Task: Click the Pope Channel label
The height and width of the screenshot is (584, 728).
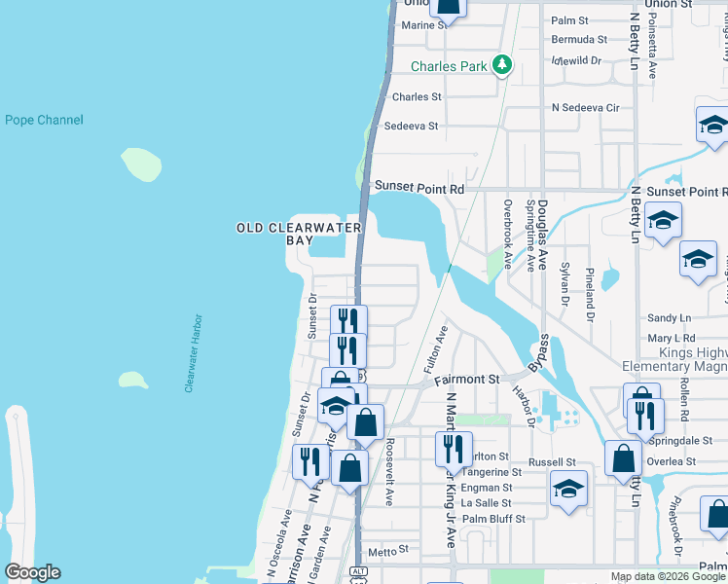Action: point(44,121)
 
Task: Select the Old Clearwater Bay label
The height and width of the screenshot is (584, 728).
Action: point(299,234)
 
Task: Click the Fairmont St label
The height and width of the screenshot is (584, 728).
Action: point(465,379)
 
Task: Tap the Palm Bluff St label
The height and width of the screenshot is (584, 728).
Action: point(493,519)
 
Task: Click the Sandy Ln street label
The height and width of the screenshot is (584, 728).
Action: point(669,318)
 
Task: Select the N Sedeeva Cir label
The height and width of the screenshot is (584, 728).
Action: point(585,107)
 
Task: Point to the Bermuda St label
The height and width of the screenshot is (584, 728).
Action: point(579,40)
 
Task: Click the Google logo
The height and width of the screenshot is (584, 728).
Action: point(32,572)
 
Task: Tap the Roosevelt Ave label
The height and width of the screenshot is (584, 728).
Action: point(388,471)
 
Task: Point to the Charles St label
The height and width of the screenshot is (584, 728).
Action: point(417,97)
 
